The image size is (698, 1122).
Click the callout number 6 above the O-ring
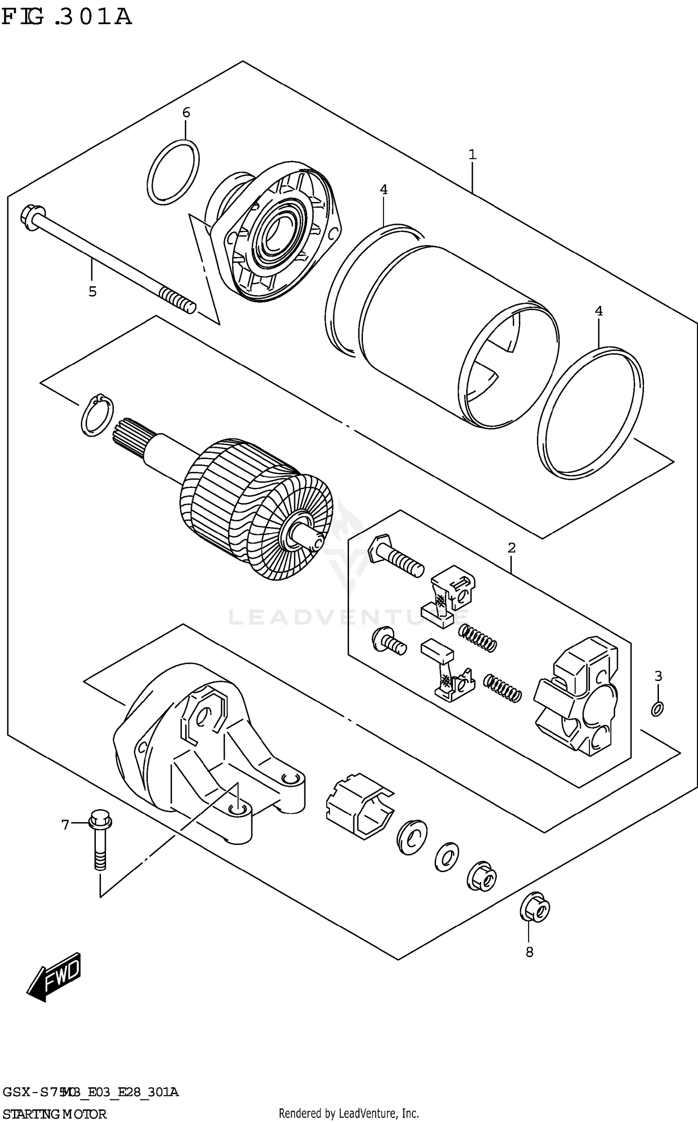pos(186,113)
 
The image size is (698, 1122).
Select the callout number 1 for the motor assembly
pos(472,155)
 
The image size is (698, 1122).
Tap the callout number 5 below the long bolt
pos(93,292)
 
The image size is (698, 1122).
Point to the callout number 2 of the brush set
pos(511,548)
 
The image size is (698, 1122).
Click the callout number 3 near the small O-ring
pos(658,676)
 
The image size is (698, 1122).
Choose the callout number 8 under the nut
pos(529,953)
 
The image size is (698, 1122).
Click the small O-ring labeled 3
pos(657,709)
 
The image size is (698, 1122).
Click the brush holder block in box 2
pos(577,696)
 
